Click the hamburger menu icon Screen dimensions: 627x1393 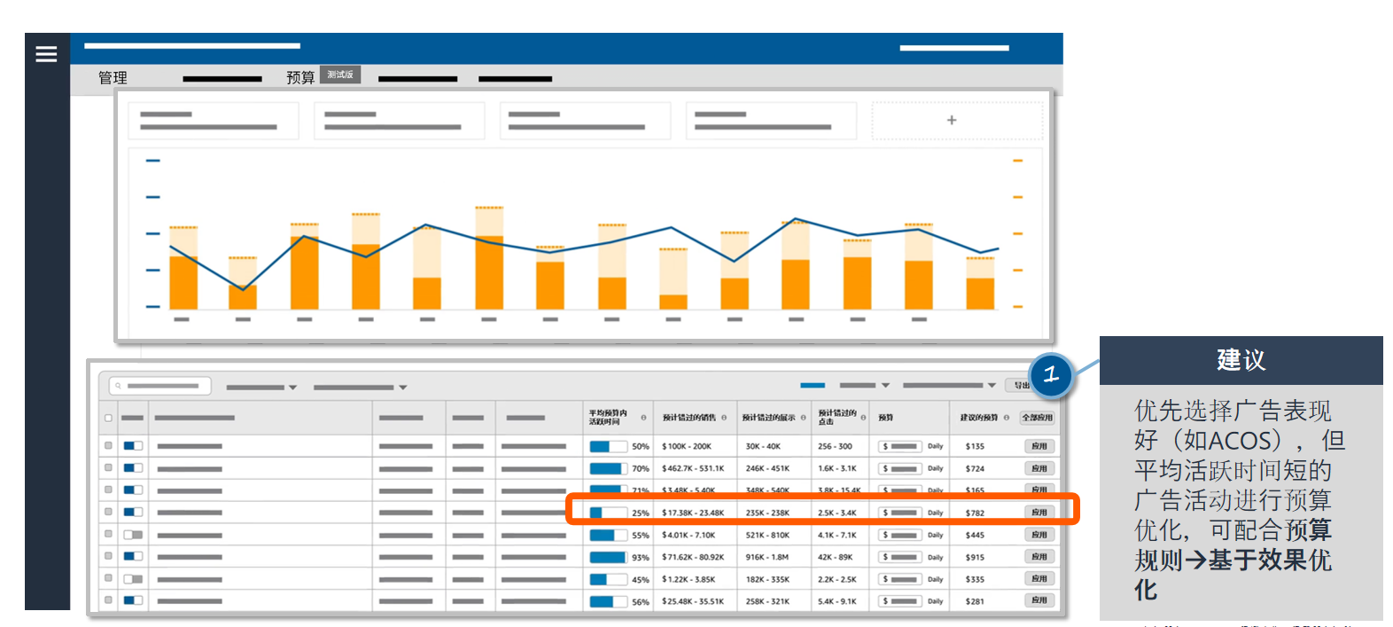pyautogui.click(x=46, y=54)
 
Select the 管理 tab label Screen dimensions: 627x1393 pyautogui.click(x=113, y=78)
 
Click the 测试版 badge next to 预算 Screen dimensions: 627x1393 pyautogui.click(x=340, y=74)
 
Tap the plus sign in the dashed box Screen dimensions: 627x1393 pyautogui.click(x=952, y=121)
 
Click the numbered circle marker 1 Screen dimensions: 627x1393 pyautogui.click(x=1051, y=374)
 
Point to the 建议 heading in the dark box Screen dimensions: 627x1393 pyautogui.click(x=1241, y=360)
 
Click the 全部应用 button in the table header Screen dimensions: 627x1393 pyautogui.click(x=1037, y=418)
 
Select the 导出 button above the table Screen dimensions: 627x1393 pyautogui.click(x=1021, y=386)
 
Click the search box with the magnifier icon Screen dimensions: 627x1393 pyautogui.click(x=160, y=386)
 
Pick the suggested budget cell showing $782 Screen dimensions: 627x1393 pyautogui.click(x=975, y=513)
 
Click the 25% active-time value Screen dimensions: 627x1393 pyautogui.click(x=640, y=513)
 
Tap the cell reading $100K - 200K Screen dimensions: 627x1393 pyautogui.click(x=687, y=446)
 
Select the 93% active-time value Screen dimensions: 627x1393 pyautogui.click(x=640, y=557)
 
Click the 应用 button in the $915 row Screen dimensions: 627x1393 pyautogui.click(x=1039, y=557)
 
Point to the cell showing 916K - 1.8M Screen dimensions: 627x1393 pyautogui.click(x=767, y=557)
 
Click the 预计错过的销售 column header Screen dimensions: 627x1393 pyautogui.click(x=689, y=418)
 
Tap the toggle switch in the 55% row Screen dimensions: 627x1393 pyautogui.click(x=133, y=535)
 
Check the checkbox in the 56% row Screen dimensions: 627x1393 pyautogui.click(x=108, y=600)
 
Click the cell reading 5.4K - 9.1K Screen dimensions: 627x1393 pyautogui.click(x=837, y=601)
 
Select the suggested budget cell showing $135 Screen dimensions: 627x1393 pyautogui.click(x=975, y=446)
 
